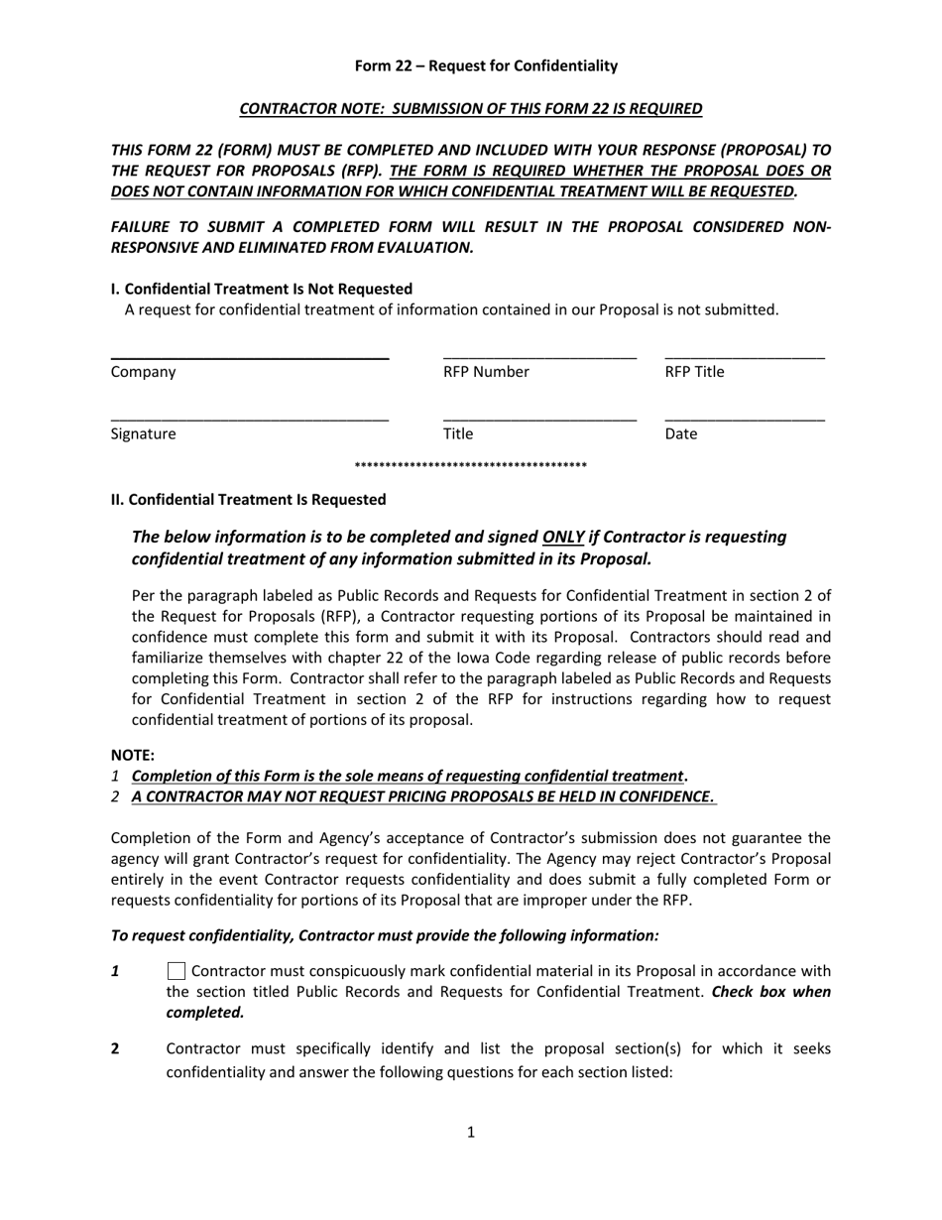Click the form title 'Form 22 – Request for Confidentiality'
coord(486,65)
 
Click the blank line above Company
coord(249,356)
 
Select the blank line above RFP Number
coord(539,356)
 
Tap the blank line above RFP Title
coord(744,356)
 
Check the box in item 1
coord(177,971)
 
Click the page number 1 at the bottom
coord(471,1132)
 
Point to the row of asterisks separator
coord(471,466)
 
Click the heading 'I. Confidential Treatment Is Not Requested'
coord(262,289)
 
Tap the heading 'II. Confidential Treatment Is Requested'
coord(248,499)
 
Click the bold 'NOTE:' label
coord(132,755)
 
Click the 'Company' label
coord(143,372)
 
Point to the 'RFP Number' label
coord(486,372)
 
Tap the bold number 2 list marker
coord(115,1048)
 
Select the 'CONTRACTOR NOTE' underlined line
coord(471,108)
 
